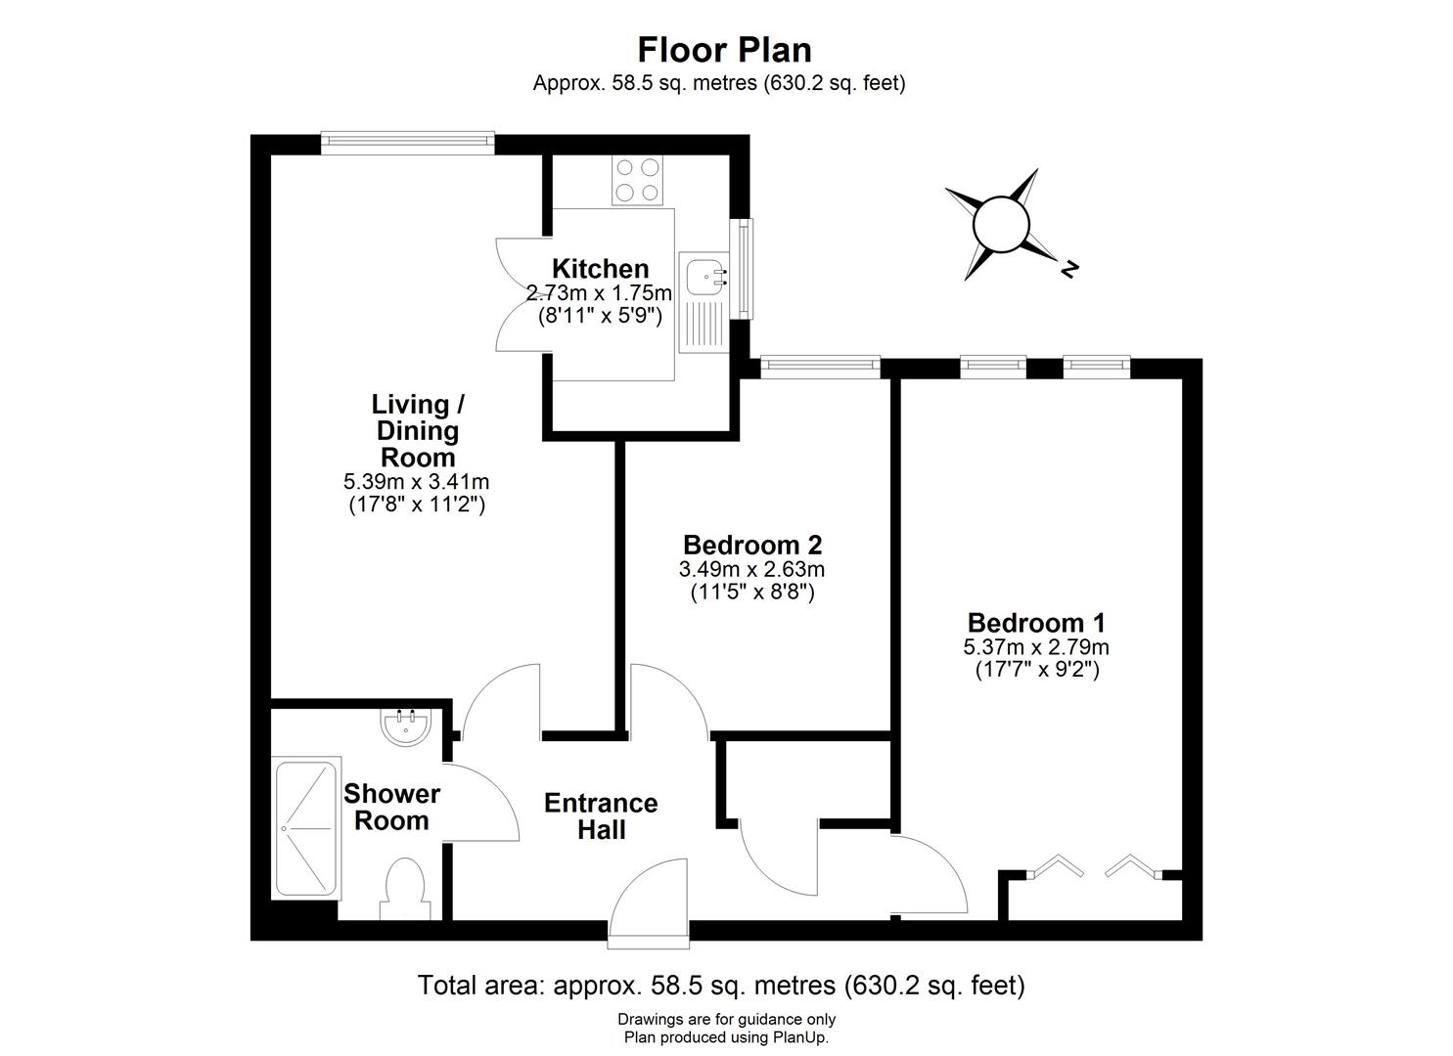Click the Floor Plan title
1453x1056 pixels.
[x=724, y=49]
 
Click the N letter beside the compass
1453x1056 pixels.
[x=1070, y=268]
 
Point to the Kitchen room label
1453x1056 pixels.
[x=600, y=269]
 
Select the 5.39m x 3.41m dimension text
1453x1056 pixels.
[x=417, y=481]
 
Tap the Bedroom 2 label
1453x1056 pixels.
[x=751, y=545]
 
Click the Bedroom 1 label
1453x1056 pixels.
[x=1036, y=623]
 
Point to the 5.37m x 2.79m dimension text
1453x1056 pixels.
[x=1036, y=647]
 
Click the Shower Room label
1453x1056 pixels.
[x=391, y=807]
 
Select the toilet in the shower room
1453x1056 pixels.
[x=404, y=887]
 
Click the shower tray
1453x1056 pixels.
[x=307, y=827]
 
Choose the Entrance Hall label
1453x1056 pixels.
[x=601, y=815]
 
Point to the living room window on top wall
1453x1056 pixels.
[x=407, y=144]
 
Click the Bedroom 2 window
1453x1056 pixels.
[x=820, y=366]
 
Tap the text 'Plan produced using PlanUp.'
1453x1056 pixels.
[x=726, y=1037]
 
